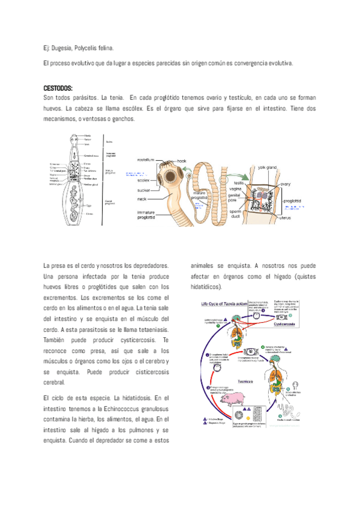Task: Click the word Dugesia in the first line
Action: coord(62,47)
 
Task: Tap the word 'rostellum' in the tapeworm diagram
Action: coord(146,160)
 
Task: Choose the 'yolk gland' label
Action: coord(267,167)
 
